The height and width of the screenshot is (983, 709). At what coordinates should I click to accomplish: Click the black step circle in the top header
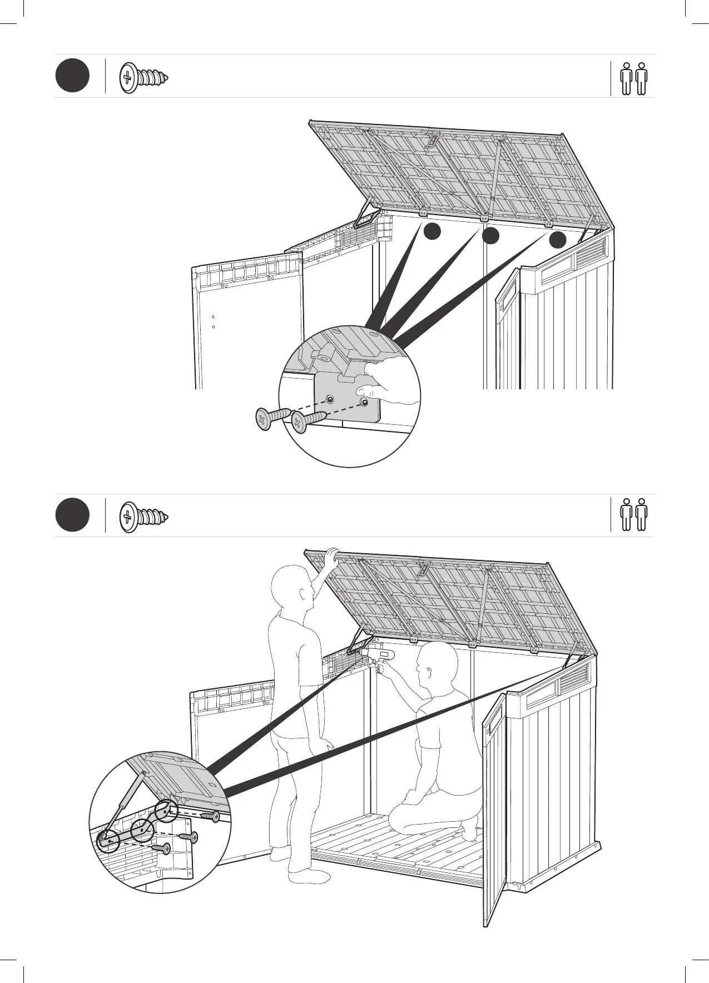tap(72, 76)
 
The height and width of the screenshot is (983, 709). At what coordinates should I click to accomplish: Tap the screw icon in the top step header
tap(143, 77)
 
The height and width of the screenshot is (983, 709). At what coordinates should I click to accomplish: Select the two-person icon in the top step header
tap(634, 78)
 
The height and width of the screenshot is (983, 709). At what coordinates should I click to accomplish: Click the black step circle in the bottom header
tap(72, 515)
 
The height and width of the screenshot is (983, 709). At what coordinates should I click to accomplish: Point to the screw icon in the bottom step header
tap(143, 517)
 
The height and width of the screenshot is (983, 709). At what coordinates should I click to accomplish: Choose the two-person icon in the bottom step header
tap(634, 514)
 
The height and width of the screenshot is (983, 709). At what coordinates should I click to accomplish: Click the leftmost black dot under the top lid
tap(432, 232)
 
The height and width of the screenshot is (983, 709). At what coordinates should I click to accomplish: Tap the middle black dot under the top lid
tap(490, 236)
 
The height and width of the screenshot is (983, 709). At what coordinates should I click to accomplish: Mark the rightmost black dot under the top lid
tap(558, 240)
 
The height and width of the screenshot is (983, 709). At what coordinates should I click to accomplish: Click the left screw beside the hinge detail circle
tap(270, 417)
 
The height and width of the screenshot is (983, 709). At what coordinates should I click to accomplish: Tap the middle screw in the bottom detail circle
tap(189, 837)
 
